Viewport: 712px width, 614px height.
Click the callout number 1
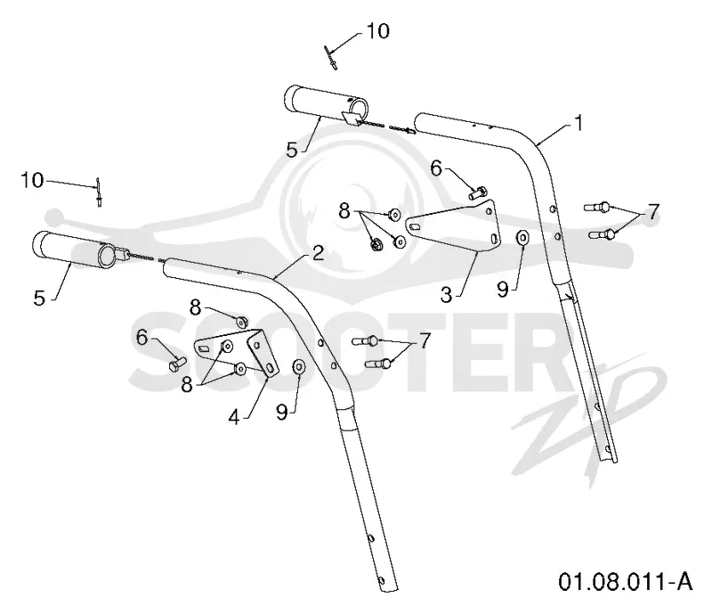[578, 123]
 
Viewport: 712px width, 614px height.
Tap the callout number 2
[319, 253]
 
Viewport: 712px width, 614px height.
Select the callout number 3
[447, 295]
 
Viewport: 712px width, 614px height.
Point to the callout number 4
[234, 416]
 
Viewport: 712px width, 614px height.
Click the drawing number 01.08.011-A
[626, 582]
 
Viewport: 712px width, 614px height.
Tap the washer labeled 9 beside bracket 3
[522, 237]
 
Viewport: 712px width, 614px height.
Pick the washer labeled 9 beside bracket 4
[299, 366]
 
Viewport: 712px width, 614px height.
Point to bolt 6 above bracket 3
[477, 192]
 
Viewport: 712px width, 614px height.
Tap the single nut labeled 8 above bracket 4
[241, 321]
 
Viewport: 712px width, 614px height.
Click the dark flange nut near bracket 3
[376, 244]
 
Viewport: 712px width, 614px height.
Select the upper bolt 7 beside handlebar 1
[597, 208]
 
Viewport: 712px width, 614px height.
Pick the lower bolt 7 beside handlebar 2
[378, 364]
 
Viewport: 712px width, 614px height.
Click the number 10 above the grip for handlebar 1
[377, 31]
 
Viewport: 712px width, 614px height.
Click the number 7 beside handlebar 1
[652, 212]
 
